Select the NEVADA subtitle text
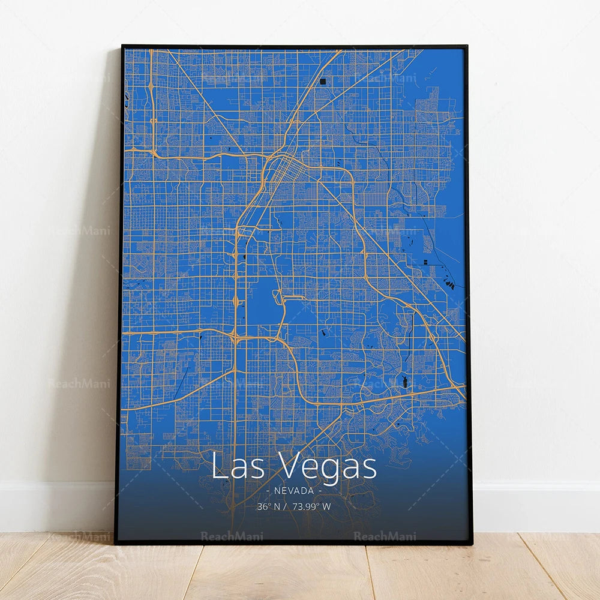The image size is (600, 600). [x=294, y=491]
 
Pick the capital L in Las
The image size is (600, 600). [x=218, y=466]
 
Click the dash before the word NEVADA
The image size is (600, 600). [x=268, y=491]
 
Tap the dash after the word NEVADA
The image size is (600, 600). [x=320, y=491]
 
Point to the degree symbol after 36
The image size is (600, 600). [x=268, y=503]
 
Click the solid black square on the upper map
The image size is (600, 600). [x=323, y=80]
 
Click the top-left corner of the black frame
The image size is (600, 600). [x=123, y=46]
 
